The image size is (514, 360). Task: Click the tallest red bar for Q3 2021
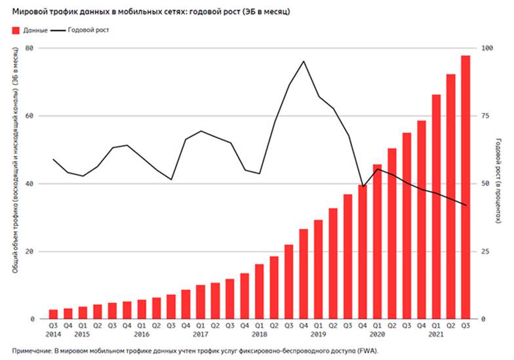[465, 187]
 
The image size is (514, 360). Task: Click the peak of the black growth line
[304, 61]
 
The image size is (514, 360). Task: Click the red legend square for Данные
[15, 30]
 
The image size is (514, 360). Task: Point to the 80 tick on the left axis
[29, 49]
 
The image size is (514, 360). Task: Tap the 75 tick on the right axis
[485, 116]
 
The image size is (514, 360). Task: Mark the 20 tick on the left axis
[29, 252]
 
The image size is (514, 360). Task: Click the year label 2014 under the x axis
[54, 334]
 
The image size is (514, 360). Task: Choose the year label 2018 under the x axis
[260, 334]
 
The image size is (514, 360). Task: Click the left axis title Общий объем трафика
[14, 184]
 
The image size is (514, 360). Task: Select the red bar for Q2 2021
[451, 197]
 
